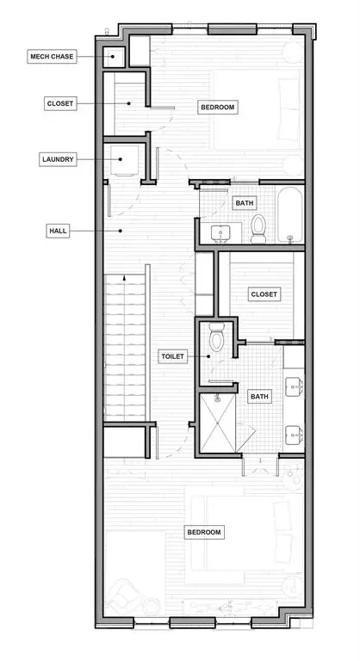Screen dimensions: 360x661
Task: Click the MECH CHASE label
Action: pos(52,56)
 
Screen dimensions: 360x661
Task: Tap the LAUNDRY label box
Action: pos(58,159)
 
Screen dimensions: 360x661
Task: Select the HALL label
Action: pos(58,231)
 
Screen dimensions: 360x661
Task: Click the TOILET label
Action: pos(172,356)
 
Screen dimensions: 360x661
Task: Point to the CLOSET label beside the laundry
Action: pos(60,103)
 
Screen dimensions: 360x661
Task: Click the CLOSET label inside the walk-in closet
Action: pos(264,294)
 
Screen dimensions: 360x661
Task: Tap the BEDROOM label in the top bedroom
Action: pos(217,107)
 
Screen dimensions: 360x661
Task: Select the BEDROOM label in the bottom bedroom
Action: pos(204,532)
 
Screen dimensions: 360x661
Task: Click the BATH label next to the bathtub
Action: pos(245,203)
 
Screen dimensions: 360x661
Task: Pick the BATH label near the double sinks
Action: pos(259,397)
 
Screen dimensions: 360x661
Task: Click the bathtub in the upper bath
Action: pos(290,214)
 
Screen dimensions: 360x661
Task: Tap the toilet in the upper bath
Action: pos(258,228)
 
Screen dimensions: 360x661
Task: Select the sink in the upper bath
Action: pos(220,233)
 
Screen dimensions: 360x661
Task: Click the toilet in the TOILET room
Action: pos(216,337)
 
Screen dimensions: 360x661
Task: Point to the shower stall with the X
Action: pos(217,423)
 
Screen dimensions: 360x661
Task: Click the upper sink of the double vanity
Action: pos(294,387)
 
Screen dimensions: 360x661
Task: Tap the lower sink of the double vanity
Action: pos(294,435)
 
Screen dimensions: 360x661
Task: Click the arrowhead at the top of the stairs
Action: pos(124,278)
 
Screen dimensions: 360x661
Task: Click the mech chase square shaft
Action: pos(114,57)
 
